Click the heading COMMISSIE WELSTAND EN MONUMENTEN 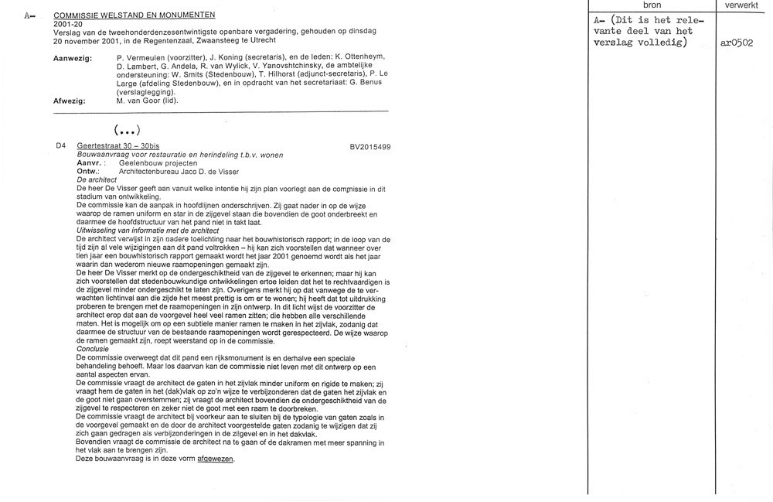135,15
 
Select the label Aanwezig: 73,59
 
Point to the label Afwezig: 70,101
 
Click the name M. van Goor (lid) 147,101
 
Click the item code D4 61,146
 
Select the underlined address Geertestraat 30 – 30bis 118,146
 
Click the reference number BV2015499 370,147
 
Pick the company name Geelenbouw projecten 158,163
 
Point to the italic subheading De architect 97,180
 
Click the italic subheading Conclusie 93,349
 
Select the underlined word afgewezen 215,459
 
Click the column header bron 652,5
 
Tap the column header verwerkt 743,5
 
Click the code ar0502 736,43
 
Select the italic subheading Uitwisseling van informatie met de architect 148,231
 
